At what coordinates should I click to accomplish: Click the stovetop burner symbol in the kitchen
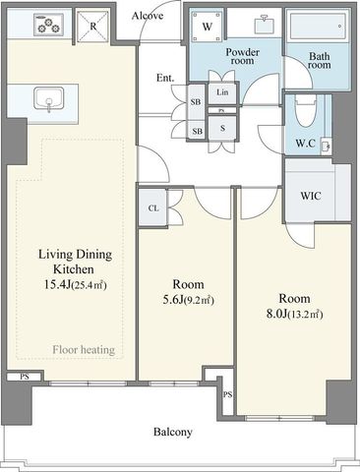pos(48,25)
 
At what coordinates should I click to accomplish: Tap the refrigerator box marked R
pos(92,27)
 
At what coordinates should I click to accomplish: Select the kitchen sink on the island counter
pos(49,99)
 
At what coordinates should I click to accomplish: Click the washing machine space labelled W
pos(207,27)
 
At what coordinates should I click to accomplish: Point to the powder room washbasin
pos(265,24)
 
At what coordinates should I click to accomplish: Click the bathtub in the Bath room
pos(317,27)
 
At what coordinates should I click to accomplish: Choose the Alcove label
pos(148,15)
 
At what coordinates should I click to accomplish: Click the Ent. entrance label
pos(165,78)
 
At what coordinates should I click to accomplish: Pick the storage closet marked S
pos(222,128)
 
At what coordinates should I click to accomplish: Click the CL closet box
pos(152,207)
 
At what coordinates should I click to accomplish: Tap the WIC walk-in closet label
pos(311,196)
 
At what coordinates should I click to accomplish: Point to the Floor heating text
pos(84,350)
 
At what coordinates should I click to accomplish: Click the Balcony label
pos(173,432)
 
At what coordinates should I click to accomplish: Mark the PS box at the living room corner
pos(25,377)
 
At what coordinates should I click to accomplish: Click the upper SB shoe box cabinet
pos(196,102)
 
